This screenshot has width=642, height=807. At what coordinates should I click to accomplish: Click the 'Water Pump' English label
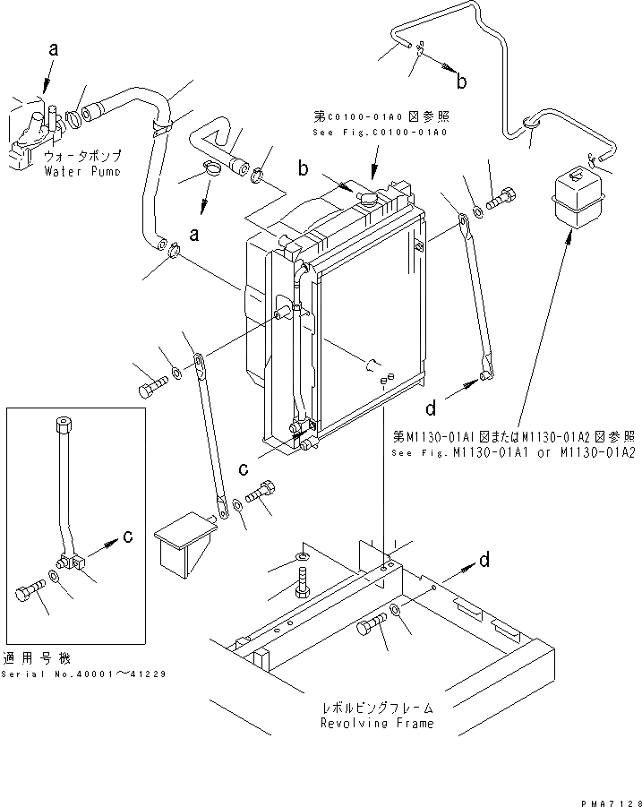tap(81, 171)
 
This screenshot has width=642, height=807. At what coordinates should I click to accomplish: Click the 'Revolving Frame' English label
tap(377, 723)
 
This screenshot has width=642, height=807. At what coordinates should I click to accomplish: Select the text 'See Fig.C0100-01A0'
tap(380, 132)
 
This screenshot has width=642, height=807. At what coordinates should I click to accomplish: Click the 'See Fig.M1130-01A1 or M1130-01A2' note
tap(514, 454)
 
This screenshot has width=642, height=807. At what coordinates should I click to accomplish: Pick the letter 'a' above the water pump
tap(54, 52)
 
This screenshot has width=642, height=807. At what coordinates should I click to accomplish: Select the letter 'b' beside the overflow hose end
tap(462, 82)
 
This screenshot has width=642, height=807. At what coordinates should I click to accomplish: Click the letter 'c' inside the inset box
tap(128, 537)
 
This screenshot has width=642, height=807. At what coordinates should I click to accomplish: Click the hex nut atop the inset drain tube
tap(63, 424)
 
